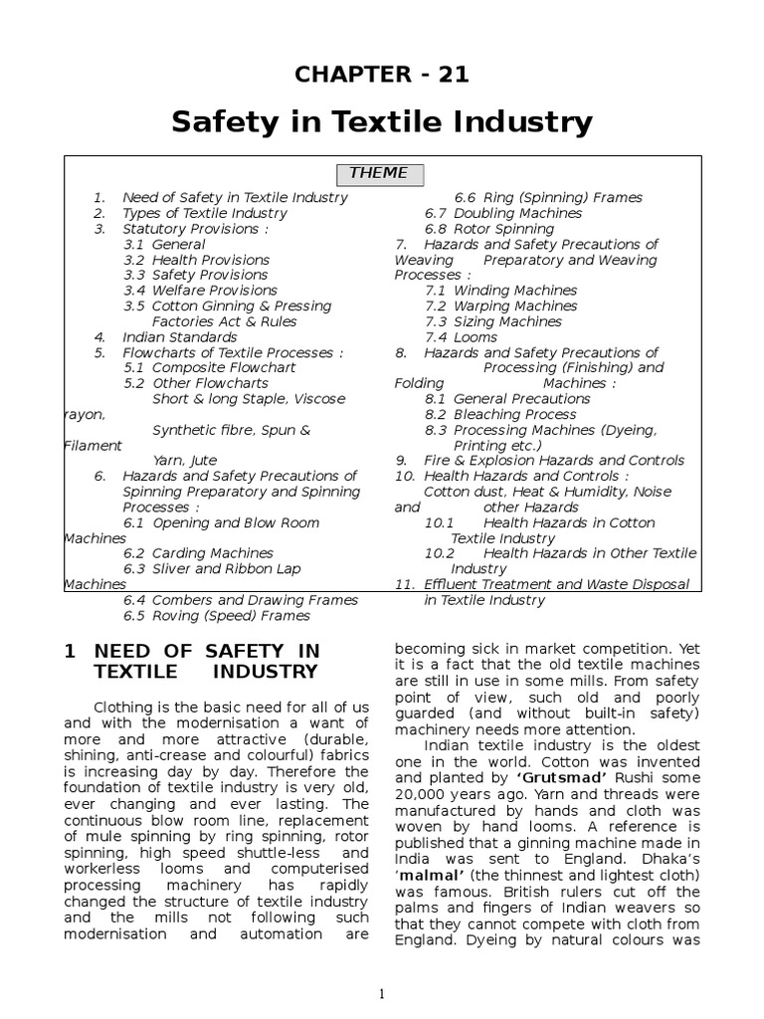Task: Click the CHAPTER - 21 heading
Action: click(x=381, y=75)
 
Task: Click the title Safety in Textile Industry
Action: click(x=381, y=122)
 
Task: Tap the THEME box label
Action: click(x=378, y=173)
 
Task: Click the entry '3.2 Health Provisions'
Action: click(x=196, y=260)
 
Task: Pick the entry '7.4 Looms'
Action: click(x=461, y=337)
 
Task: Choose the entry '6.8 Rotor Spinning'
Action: click(x=489, y=229)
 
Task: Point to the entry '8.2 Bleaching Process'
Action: click(x=499, y=414)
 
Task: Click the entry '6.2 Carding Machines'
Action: click(x=198, y=553)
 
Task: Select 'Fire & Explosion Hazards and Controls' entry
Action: click(x=552, y=461)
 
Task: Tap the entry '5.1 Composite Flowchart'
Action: click(x=210, y=368)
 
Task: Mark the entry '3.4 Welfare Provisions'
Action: click(x=200, y=291)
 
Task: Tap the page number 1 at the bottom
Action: click(x=381, y=993)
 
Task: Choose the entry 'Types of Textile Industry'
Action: click(x=204, y=213)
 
